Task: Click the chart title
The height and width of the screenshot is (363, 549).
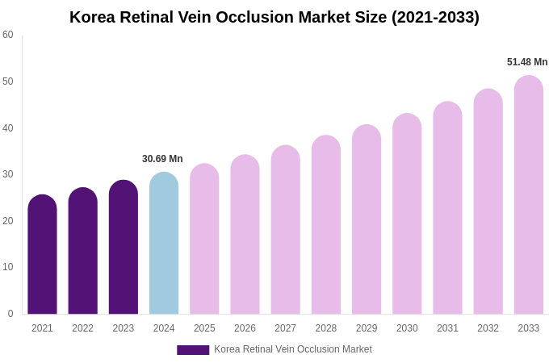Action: coord(274,17)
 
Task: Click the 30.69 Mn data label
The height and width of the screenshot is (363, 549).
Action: coord(162,159)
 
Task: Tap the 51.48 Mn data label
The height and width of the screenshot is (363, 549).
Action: coord(527,62)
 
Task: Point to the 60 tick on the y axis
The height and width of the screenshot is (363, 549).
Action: coord(8,35)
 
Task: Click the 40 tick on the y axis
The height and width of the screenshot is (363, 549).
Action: coord(8,127)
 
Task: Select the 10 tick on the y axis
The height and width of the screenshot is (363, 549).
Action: coord(8,267)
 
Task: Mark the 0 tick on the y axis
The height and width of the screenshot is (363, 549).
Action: coord(10,314)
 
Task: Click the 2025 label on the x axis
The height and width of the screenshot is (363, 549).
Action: coord(204,328)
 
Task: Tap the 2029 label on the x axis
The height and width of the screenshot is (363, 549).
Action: coord(367,328)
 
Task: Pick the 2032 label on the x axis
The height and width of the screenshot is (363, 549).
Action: coord(488,328)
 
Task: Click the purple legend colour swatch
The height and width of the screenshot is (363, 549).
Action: coord(193,350)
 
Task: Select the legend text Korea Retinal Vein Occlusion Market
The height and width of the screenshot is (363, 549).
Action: coord(293,349)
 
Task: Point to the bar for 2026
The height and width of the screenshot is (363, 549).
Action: coord(245,235)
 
